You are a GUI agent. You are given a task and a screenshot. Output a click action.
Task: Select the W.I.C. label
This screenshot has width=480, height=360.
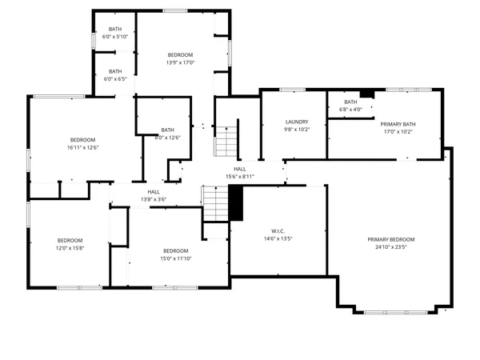pos(278,230)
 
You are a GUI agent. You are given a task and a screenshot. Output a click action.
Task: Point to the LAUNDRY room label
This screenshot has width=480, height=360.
pos(297,122)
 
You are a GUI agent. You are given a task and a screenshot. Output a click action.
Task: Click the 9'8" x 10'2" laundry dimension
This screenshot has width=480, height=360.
pos(297,130)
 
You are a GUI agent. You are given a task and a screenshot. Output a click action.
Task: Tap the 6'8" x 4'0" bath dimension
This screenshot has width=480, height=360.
pos(350,110)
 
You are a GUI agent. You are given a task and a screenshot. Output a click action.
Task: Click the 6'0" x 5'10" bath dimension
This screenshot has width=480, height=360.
pos(116,37)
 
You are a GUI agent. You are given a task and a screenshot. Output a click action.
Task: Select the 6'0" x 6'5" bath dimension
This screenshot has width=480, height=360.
pos(116,79)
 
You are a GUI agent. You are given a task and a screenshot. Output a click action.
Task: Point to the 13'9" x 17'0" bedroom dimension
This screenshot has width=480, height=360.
pos(181,63)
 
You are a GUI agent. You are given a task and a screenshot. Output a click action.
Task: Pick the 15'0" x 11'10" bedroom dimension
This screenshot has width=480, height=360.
pos(176,258)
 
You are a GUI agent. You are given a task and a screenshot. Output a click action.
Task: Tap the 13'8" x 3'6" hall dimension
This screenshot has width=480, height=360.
pos(154,199)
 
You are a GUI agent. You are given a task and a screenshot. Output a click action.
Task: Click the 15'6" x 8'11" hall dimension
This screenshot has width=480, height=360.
pos(240,177)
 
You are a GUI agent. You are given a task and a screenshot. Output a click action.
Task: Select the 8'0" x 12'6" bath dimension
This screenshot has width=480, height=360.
pos(168,138)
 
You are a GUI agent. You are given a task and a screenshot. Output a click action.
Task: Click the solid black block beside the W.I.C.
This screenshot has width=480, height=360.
pos(236,203)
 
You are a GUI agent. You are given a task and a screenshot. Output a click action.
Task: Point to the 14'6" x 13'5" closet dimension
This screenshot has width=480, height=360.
pos(278,238)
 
